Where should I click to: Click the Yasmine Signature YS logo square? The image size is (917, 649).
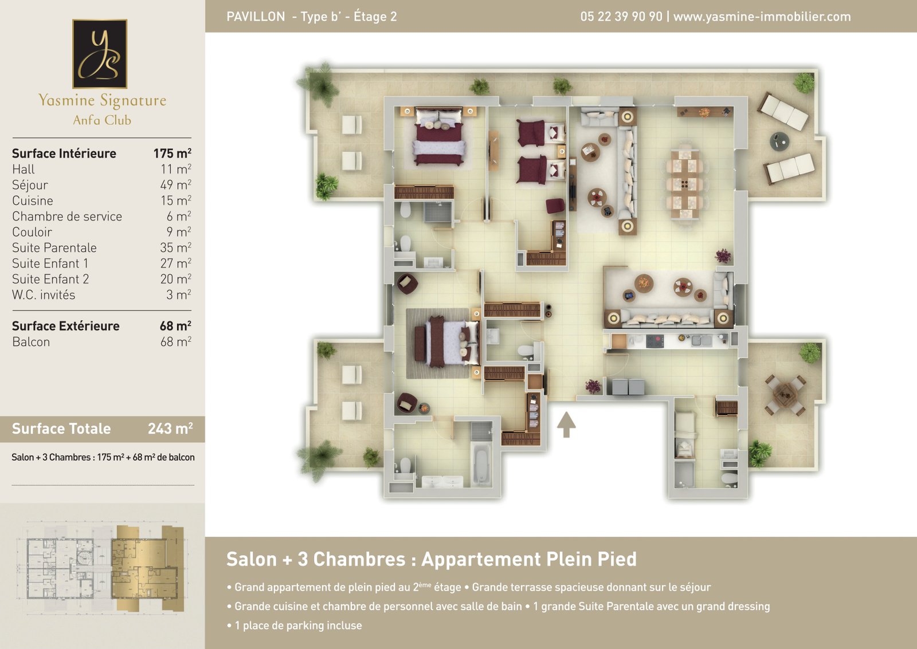100,54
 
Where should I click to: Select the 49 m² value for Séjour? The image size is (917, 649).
175,184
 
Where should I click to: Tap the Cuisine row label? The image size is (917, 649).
32,200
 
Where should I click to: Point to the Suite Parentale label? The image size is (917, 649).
54,247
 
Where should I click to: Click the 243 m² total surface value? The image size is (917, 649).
170,428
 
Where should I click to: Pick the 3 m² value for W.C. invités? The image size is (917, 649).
178,294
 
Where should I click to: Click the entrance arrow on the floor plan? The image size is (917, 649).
566,424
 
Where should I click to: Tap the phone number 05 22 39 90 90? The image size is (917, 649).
621,17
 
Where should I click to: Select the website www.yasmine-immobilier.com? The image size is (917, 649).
762,17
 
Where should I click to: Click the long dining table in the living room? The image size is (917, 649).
684,183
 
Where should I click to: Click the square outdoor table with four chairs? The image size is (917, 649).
785,395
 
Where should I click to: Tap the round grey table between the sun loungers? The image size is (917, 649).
779,141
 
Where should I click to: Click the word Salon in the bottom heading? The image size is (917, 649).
252,559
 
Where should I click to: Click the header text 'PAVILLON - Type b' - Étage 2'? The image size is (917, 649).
312,17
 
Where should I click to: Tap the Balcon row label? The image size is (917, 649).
31,342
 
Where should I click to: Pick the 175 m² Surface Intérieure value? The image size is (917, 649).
173,153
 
